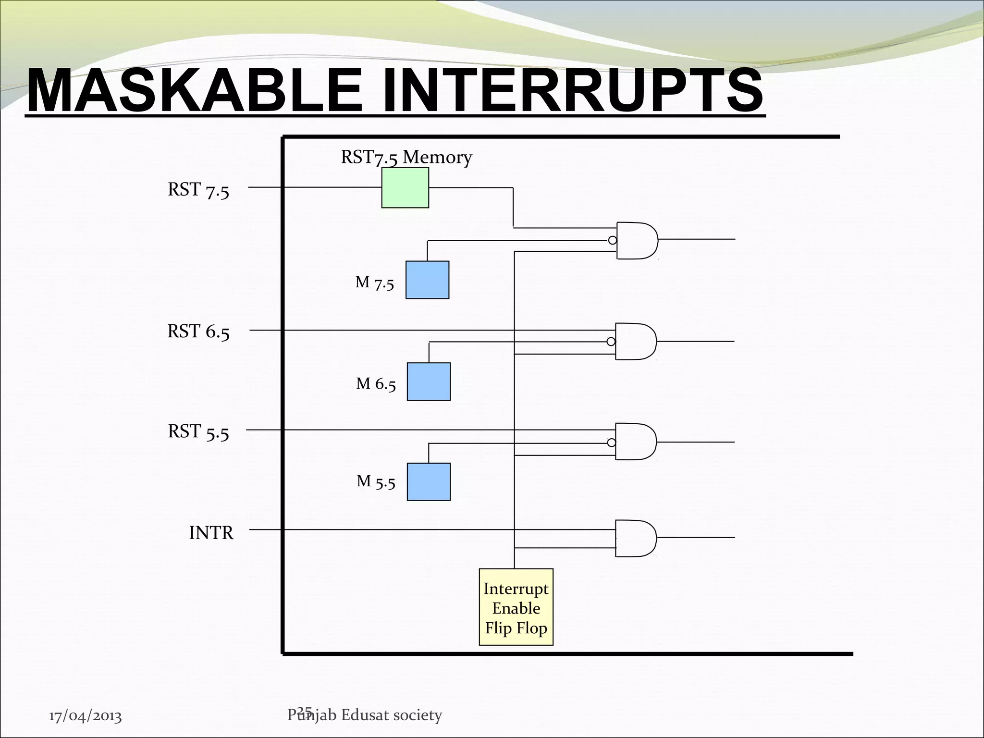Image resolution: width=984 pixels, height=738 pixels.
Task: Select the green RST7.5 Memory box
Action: (405, 188)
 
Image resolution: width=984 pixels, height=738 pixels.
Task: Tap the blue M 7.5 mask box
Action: (427, 280)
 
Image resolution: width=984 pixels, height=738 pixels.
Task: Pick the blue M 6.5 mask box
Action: (429, 381)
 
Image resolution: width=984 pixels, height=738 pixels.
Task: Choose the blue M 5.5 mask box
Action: (429, 482)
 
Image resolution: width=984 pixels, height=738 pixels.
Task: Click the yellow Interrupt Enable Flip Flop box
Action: (516, 607)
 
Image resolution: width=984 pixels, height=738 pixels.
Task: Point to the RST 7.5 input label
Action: (198, 190)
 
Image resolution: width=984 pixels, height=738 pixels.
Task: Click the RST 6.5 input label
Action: (198, 332)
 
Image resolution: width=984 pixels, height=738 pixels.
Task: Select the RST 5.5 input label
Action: (198, 432)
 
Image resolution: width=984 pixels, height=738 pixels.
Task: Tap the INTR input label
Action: (211, 533)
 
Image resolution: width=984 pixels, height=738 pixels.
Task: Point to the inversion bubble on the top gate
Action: (612, 240)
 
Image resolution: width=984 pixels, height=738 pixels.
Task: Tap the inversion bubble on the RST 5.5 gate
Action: (611, 443)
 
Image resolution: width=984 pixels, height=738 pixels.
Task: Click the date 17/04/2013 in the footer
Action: (86, 716)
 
